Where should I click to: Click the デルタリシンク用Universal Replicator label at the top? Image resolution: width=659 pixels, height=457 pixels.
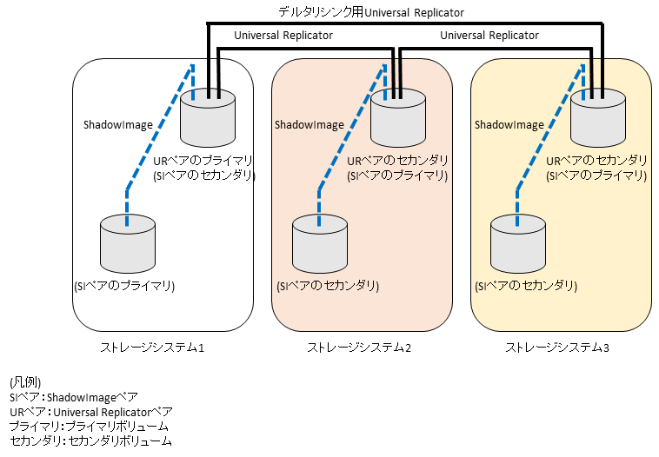(x=370, y=13)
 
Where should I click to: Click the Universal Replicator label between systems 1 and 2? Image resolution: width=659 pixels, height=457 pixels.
(x=283, y=36)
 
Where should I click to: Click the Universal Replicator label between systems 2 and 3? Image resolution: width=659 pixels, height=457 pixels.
(x=489, y=36)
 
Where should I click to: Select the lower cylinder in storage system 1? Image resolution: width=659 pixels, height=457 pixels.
(x=127, y=245)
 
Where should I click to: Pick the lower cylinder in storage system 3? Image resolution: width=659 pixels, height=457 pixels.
(x=518, y=245)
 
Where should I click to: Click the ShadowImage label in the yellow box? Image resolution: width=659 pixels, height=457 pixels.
(x=509, y=125)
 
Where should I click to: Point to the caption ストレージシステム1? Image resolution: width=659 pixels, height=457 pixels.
(x=152, y=348)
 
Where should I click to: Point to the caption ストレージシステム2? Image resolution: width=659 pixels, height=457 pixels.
(x=359, y=348)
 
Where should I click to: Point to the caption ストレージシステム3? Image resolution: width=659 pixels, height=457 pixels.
(x=558, y=348)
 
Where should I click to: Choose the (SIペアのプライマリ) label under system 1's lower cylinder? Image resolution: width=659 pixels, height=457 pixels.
(x=125, y=286)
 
